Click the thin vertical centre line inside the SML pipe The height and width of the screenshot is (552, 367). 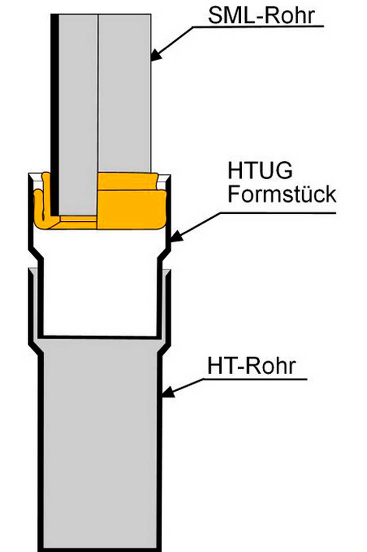pos(98,92)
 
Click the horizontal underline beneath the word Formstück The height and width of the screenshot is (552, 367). pos(275,212)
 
